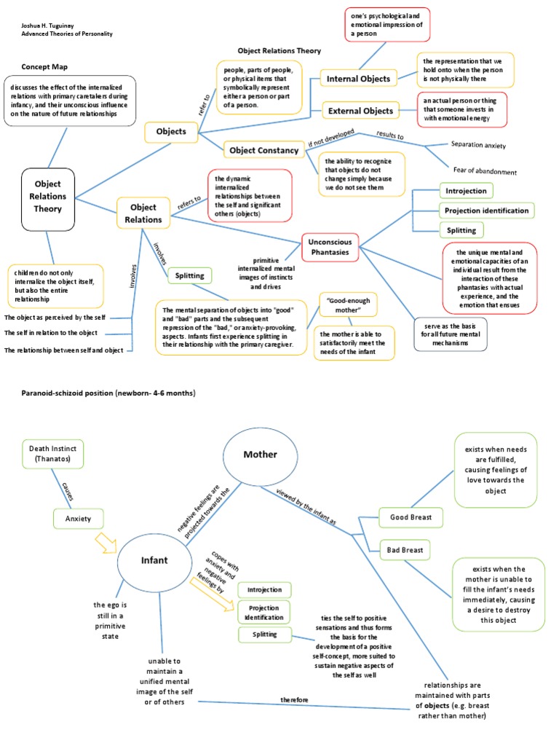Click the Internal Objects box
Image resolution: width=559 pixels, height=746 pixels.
(x=359, y=78)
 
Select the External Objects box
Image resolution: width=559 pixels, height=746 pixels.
(x=360, y=111)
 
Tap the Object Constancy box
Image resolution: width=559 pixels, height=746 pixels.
(x=263, y=151)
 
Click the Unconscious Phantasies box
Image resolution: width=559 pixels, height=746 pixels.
(x=330, y=248)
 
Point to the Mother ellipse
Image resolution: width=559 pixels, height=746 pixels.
(x=260, y=455)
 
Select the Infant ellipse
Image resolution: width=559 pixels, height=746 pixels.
(x=154, y=561)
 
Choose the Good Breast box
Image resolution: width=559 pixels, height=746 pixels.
(x=411, y=517)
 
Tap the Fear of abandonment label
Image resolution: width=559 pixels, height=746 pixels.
(x=484, y=172)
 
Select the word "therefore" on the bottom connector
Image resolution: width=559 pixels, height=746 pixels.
(x=294, y=700)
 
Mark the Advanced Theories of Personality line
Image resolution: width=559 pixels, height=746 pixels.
(x=66, y=34)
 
